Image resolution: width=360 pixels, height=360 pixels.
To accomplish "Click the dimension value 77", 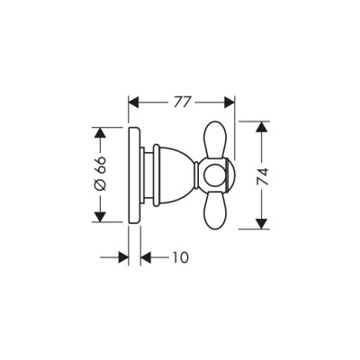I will (182, 101).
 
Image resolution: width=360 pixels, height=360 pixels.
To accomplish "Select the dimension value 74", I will (261, 175).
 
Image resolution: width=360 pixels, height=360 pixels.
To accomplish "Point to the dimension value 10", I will (180, 257).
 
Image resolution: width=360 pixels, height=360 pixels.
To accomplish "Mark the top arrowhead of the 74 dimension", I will (261, 127).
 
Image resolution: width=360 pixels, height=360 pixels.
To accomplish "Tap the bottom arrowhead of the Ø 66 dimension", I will (101, 217).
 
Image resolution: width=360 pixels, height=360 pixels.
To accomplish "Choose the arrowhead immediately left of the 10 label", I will (149, 257).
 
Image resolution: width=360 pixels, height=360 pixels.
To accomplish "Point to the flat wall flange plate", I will (137, 175).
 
